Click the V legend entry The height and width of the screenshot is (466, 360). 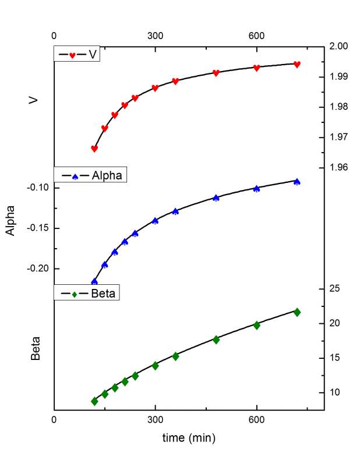point(76,55)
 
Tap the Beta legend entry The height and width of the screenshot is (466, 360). point(87,292)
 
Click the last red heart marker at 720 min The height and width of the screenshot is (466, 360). point(297,65)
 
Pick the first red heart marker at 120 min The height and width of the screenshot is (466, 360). point(94,149)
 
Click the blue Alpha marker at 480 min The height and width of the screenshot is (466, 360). point(216,198)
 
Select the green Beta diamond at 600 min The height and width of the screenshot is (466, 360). point(256,325)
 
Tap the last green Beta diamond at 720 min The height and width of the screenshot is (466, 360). point(297,312)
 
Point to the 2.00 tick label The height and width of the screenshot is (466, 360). point(338,47)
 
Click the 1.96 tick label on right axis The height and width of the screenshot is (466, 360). point(338,168)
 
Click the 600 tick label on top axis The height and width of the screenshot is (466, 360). point(256,36)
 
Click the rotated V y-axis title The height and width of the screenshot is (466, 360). point(34,100)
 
